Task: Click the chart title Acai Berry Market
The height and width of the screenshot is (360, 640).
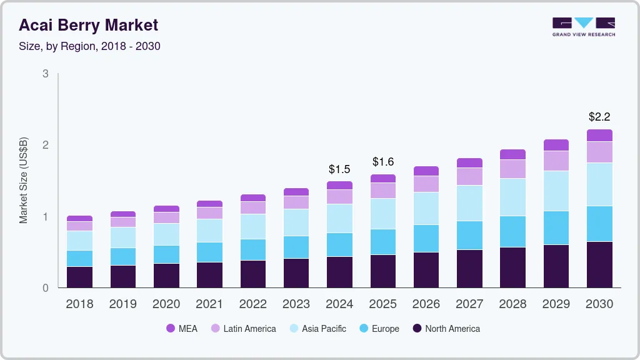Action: click(88, 25)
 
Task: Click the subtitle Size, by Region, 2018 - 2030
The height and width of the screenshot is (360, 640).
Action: click(89, 46)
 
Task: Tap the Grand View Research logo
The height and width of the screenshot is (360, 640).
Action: click(583, 26)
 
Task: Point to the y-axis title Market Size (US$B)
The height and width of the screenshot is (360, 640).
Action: click(24, 180)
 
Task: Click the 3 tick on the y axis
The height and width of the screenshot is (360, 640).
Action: click(46, 74)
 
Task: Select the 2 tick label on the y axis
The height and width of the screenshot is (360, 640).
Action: click(46, 145)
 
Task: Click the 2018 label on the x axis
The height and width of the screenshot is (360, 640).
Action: click(79, 304)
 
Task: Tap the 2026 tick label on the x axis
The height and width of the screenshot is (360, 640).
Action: click(426, 304)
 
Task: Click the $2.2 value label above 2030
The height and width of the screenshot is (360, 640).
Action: click(599, 117)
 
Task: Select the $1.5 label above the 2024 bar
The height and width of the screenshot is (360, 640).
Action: click(339, 169)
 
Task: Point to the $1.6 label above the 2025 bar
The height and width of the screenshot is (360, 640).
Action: click(383, 162)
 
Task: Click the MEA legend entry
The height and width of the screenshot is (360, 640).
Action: click(182, 328)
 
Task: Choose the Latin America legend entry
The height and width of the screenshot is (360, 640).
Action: click(243, 328)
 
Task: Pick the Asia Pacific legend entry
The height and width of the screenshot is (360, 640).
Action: click(317, 328)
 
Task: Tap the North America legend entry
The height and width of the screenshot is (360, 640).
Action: click(446, 328)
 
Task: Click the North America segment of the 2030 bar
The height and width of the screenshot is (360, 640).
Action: click(599, 264)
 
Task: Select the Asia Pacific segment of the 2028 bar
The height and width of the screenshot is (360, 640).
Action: click(513, 197)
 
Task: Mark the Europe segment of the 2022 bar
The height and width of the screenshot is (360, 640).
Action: click(253, 249)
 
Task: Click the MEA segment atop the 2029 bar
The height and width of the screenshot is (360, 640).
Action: click(556, 145)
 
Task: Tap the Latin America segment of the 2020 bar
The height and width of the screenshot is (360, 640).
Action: click(166, 217)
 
